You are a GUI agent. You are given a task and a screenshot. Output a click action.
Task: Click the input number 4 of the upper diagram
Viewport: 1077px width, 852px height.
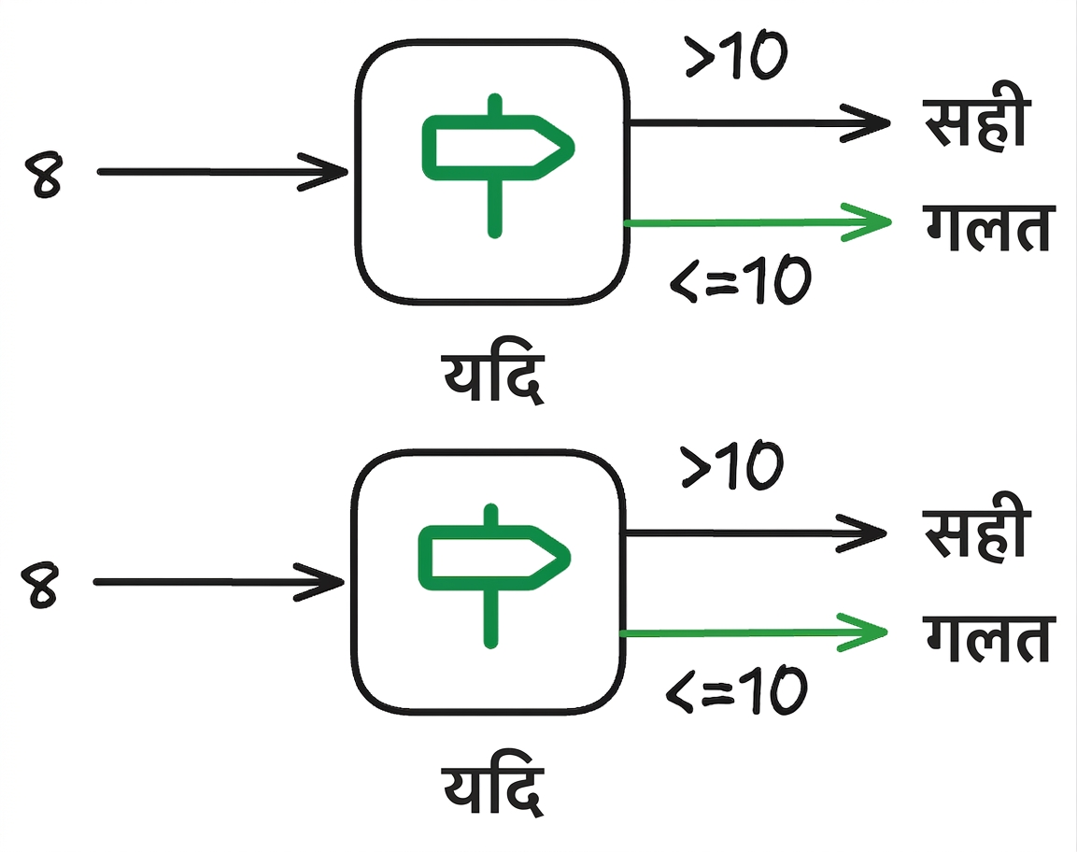coord(44,176)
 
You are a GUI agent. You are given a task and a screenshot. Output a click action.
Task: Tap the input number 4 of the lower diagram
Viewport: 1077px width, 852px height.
coord(40,585)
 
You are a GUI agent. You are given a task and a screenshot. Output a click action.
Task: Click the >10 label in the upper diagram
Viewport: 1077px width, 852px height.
coord(736,56)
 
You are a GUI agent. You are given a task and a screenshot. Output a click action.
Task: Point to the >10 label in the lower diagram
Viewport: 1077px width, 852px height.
coord(731,465)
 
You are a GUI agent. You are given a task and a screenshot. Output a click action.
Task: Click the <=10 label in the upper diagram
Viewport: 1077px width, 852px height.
coord(740,279)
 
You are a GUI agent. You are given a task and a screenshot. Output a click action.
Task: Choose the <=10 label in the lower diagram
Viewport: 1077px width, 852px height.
coord(736,689)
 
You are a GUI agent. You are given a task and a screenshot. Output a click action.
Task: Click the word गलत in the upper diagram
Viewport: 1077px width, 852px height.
coord(987,228)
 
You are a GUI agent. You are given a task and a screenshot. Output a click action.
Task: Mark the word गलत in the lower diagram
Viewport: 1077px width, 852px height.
coord(987,638)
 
